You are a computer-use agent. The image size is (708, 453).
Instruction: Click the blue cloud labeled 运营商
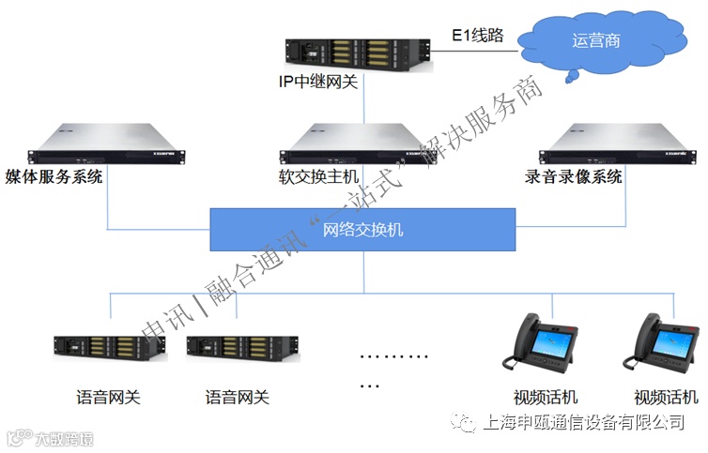[595, 41]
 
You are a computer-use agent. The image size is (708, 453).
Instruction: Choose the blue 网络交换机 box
[362, 229]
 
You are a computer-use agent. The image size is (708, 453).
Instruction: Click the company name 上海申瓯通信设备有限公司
[583, 422]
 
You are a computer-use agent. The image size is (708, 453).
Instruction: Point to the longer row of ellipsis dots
[394, 357]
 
